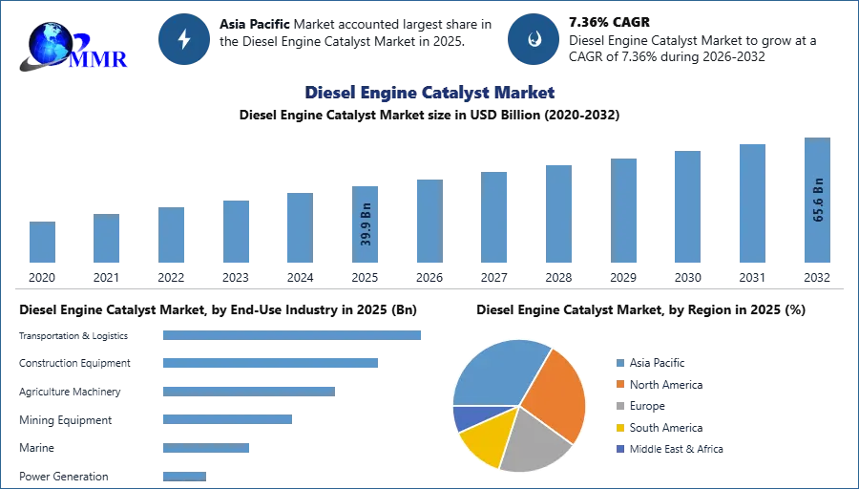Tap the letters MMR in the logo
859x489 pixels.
click(100, 58)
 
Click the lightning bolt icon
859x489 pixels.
click(184, 39)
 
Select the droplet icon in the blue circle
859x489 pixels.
click(534, 39)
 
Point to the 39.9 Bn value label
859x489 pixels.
click(367, 225)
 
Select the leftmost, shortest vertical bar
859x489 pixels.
click(42, 244)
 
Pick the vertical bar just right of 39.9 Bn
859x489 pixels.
click(428, 221)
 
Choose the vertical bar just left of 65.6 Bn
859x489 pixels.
click(752, 202)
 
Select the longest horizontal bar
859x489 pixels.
click(293, 336)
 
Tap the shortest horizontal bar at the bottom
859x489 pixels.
click(183, 473)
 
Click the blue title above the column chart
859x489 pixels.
click(430, 93)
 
